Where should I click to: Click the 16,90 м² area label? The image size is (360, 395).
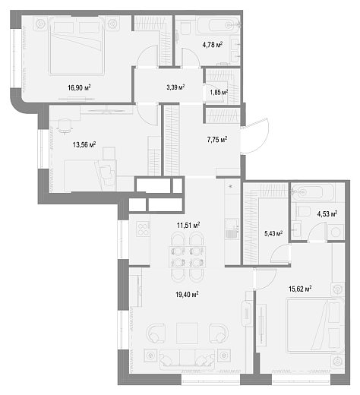tap(79, 88)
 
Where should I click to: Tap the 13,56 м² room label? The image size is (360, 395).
tap(84, 145)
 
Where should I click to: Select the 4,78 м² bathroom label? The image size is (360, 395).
tap(213, 45)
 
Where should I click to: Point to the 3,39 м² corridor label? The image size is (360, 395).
tap(175, 87)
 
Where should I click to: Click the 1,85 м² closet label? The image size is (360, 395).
tap(219, 93)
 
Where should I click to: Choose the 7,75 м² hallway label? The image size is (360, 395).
tap(217, 139)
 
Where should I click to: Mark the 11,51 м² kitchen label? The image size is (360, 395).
tap(188, 225)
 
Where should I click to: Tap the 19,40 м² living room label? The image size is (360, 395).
tap(187, 295)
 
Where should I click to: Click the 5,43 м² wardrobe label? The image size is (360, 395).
tap(273, 233)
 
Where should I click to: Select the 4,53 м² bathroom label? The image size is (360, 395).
tap(327, 214)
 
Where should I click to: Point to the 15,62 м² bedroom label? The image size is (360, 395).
tap(300, 289)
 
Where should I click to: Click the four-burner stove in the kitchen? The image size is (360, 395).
tap(143, 229)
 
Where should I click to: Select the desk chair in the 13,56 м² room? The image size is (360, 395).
tap(65, 125)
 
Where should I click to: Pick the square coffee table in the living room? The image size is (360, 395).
tap(187, 333)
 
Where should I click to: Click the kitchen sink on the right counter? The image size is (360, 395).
tap(232, 229)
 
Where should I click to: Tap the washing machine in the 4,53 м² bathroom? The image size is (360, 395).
tap(336, 232)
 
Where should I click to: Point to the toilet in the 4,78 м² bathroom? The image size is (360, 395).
tap(185, 27)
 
